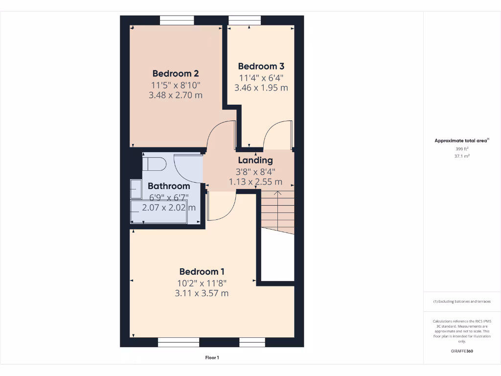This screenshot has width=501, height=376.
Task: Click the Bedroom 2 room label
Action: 175,73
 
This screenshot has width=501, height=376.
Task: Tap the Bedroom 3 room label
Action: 261,66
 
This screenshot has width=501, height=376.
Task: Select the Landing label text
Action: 255,160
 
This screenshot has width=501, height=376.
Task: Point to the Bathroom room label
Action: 169,186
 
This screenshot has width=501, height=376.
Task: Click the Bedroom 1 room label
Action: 202,272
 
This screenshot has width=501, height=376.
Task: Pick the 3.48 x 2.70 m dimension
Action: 175,95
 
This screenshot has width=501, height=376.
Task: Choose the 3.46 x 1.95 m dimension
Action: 261,88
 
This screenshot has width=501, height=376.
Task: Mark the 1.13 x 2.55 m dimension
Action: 255,182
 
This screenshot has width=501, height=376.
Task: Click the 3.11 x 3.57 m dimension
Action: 202,293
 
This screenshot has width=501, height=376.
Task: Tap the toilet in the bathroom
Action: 154,164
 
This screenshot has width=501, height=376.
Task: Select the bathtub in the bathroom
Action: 159,212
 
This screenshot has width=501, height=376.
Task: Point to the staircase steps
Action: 277,211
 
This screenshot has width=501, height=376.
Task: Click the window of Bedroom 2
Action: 177,20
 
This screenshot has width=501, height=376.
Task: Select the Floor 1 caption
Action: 212,358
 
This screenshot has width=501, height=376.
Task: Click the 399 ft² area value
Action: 462,149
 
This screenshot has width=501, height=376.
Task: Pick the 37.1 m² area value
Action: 462,156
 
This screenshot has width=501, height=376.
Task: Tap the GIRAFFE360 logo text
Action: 462,351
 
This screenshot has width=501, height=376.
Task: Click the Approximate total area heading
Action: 461,141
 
